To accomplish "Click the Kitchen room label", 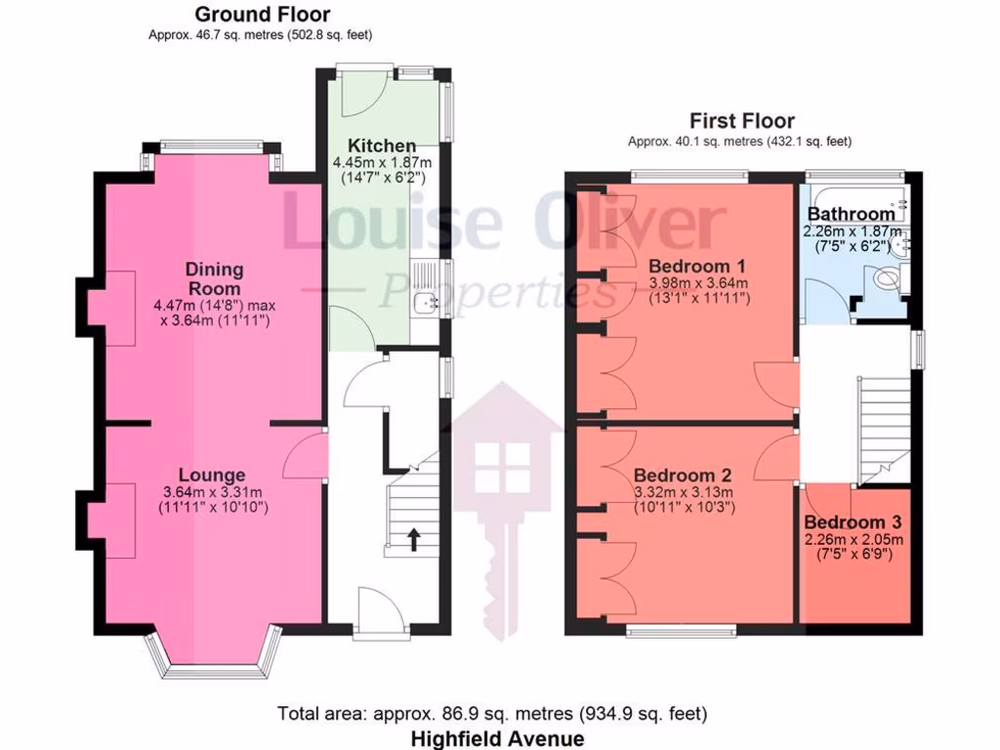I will pos(374,146).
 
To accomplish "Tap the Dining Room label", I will pos(214,278).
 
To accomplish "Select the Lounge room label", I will pos(213,476).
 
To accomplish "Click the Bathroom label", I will pos(849,213).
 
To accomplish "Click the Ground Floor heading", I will pos(262,15).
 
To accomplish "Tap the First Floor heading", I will pos(741,121).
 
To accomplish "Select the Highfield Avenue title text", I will pos(497,738).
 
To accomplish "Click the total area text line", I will pos(492,714).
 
